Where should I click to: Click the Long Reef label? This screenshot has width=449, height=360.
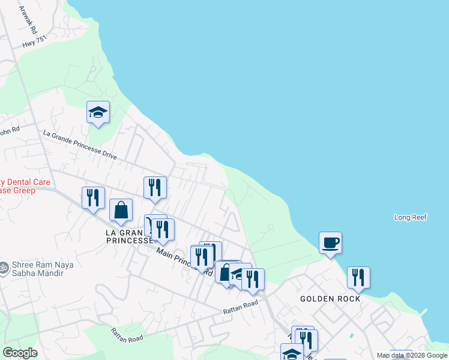pos(411,217)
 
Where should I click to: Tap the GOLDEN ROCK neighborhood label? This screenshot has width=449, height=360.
pos(330,299)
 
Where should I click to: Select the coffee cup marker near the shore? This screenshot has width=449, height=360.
pos(330,243)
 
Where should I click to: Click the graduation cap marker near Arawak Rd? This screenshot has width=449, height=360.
pos(98,112)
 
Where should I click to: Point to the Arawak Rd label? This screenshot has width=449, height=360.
pos(28,20)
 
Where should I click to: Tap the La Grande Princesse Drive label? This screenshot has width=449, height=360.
pos(80,145)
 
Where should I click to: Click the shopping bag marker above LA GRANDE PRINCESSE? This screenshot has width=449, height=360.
pos(121,210)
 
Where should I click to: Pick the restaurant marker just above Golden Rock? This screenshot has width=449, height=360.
pos(358,278)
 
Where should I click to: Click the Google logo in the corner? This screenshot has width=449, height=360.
pos(20,353)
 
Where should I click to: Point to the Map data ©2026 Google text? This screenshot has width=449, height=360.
pos(412,355)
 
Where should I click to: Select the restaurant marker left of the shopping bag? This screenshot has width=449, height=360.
pos(93,198)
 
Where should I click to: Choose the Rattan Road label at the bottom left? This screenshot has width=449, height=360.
pos(127,335)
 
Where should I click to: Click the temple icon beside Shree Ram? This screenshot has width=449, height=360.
pos(4,266)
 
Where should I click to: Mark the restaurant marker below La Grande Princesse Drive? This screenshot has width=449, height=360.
pos(155,188)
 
